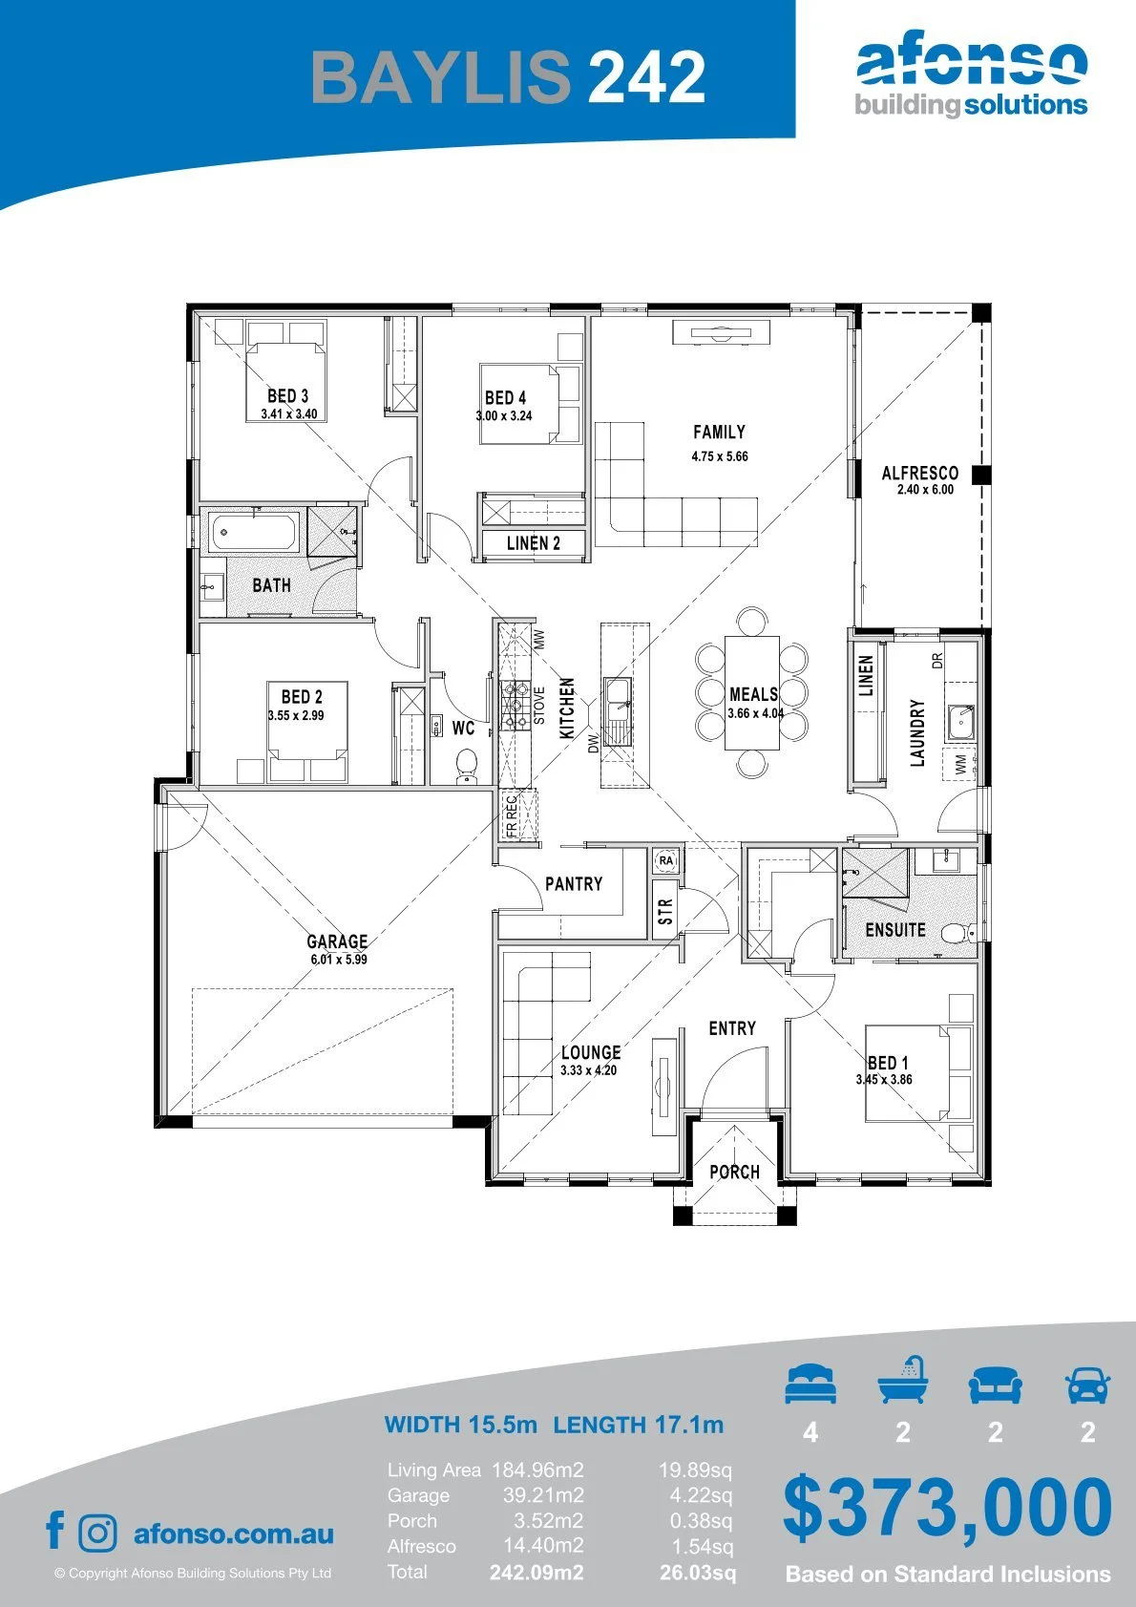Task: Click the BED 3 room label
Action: [x=287, y=396]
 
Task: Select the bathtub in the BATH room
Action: [x=255, y=532]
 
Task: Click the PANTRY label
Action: [x=574, y=884]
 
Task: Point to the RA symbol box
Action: [x=666, y=860]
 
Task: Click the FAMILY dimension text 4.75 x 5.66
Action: [x=720, y=456]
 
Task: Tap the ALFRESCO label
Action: [x=920, y=473]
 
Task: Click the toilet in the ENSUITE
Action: [x=957, y=933]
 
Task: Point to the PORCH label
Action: [x=734, y=1173]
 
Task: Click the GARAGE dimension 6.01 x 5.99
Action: [x=339, y=960]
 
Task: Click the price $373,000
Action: [x=947, y=1510]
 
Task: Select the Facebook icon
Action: [x=55, y=1530]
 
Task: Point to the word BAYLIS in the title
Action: [x=441, y=76]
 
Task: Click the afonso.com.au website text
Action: [x=234, y=1533]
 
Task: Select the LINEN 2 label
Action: [x=534, y=544]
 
